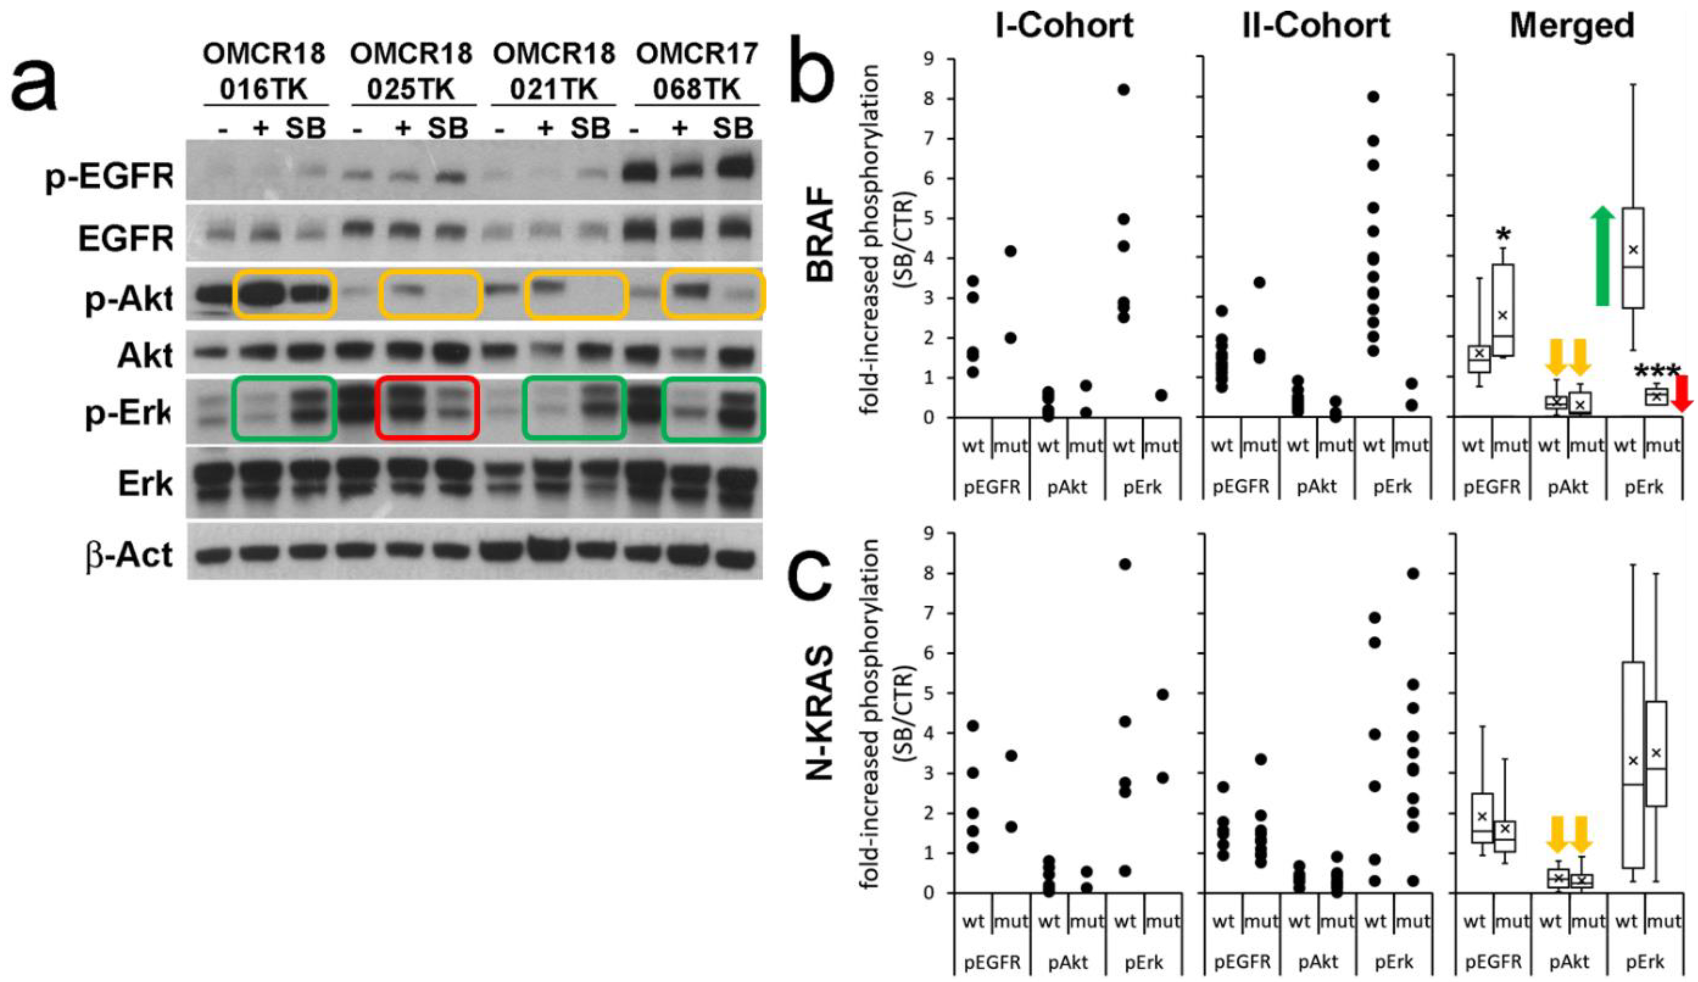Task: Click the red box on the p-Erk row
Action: (427, 408)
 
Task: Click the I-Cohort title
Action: (1064, 26)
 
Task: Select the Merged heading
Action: (1571, 26)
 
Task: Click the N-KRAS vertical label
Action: (821, 713)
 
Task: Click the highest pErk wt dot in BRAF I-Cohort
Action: (1123, 90)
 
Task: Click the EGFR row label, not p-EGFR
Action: (125, 238)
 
